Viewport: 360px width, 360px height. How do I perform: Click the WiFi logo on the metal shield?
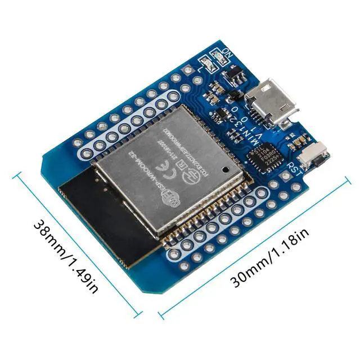point(169,197)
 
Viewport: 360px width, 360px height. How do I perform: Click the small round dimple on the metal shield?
point(226,168)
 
